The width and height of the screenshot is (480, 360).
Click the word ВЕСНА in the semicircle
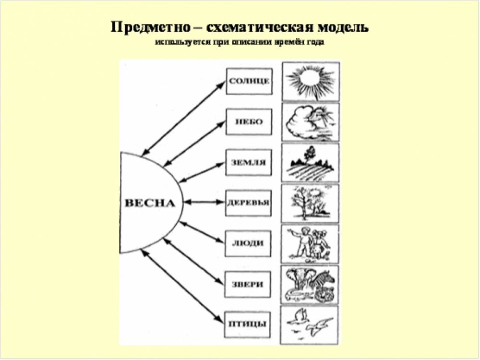150,203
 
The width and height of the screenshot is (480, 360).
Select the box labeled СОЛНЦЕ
249,82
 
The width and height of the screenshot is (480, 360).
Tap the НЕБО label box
249,122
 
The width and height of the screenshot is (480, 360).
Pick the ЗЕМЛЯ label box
249,163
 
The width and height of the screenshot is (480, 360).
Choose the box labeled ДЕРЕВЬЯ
248,203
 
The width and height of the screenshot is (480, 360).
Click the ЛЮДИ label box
248,244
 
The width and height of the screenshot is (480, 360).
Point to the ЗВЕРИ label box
248,284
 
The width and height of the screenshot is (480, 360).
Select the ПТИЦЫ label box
247,325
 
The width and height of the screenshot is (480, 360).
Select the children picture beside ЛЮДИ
310,244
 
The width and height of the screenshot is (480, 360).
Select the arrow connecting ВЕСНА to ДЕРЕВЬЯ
204,203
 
